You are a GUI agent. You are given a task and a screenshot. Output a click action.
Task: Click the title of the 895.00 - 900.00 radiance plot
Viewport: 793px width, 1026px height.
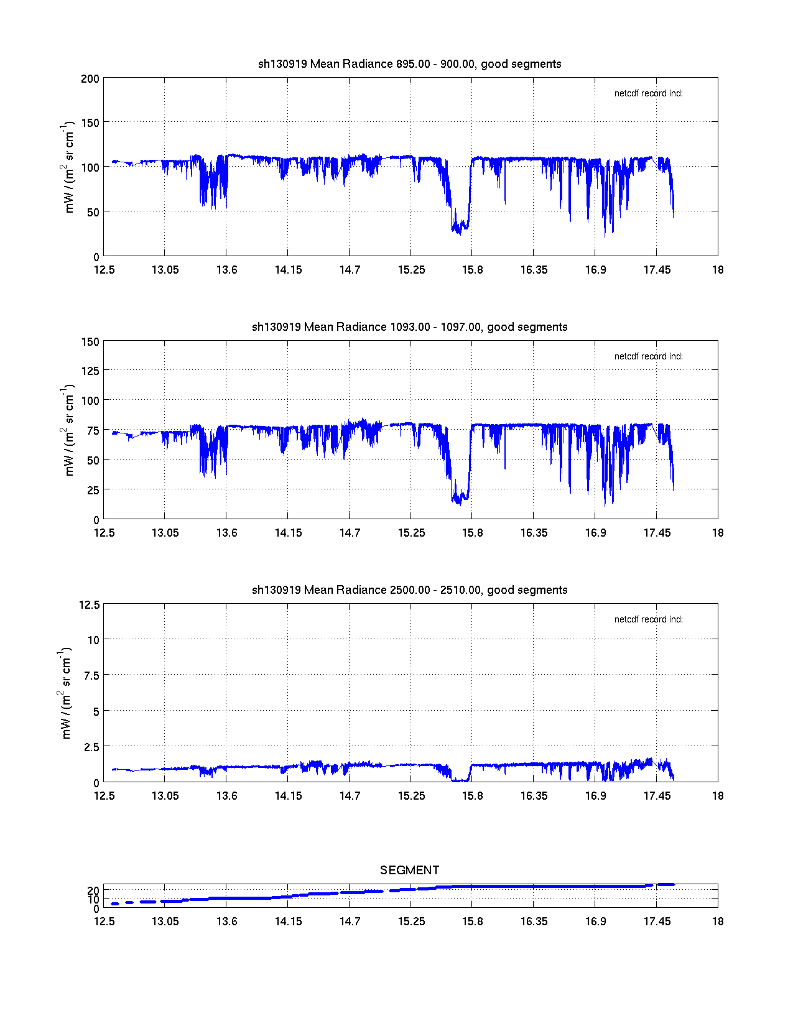(409, 64)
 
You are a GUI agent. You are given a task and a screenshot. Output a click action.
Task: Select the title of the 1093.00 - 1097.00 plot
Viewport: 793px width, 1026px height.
(409, 327)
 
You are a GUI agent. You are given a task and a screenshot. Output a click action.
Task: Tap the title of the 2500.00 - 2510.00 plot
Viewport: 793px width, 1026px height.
(409, 590)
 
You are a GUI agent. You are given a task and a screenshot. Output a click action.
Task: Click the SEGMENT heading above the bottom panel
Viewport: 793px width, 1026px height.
(409, 870)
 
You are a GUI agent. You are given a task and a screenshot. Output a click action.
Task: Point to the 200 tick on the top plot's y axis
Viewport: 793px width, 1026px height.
(90, 78)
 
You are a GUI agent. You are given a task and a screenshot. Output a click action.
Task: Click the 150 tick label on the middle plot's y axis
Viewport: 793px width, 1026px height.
(90, 341)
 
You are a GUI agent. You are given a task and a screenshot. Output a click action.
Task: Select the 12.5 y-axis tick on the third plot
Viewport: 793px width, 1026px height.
(89, 604)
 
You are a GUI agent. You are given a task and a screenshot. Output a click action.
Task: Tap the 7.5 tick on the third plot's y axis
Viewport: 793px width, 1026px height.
(91, 676)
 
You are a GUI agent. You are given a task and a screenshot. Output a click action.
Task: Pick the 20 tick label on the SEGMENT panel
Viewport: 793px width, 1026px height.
(93, 890)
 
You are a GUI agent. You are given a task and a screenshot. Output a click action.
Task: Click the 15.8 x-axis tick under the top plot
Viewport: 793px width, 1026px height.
(472, 270)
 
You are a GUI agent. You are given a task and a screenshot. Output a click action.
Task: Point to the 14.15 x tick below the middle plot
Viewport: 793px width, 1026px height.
(288, 533)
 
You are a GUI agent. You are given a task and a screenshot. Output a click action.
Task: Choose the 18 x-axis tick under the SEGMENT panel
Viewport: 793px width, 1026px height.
(718, 922)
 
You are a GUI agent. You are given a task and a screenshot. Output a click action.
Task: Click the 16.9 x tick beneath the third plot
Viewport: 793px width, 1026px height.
(595, 796)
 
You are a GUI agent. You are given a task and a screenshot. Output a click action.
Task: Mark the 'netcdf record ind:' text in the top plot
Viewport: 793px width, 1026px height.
(648, 93)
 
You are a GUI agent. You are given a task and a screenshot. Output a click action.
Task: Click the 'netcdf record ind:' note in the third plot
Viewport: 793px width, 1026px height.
(648, 619)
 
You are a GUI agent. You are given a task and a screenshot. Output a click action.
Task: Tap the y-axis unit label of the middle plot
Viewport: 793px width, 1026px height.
(68, 430)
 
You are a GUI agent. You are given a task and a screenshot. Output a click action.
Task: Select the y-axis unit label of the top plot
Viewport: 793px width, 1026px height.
(68, 167)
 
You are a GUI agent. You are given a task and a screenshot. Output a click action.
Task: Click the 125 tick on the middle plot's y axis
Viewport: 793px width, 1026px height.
(90, 371)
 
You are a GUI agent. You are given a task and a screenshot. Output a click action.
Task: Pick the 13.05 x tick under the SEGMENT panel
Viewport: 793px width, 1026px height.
(165, 922)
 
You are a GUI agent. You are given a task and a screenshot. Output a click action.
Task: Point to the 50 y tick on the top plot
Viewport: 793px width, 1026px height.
(92, 212)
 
